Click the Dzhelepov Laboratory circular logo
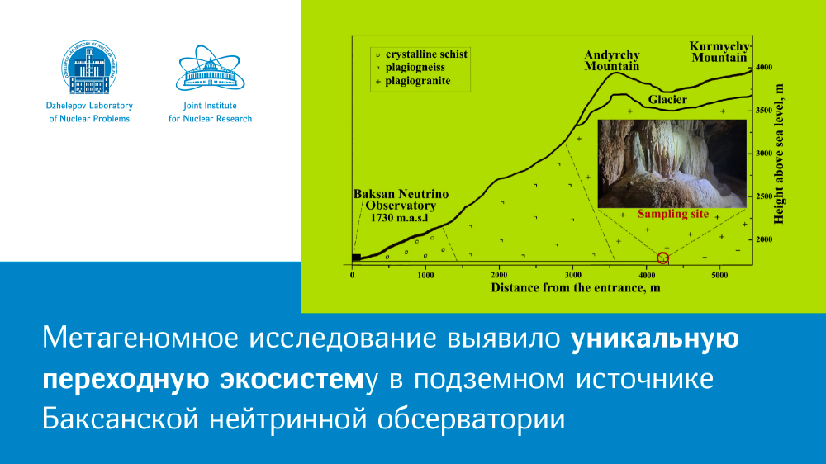coord(89,67)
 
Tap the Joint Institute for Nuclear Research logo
coord(210,68)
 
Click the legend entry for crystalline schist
coord(421,54)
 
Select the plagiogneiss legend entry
coord(411,68)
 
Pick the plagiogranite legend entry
coord(413,81)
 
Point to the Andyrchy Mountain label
coord(611,60)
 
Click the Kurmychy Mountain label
coord(719,52)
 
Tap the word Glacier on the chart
coord(667,100)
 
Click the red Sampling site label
coord(673,215)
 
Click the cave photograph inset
coord(672,163)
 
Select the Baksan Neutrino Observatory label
coord(401,206)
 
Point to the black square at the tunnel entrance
coord(356,258)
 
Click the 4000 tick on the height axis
coord(764,68)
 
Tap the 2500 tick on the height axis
coord(764,196)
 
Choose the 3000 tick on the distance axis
coord(572,275)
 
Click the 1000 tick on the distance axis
coord(425,275)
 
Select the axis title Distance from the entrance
coord(575,288)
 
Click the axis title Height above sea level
coord(779,154)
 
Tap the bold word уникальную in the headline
coord(655,339)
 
